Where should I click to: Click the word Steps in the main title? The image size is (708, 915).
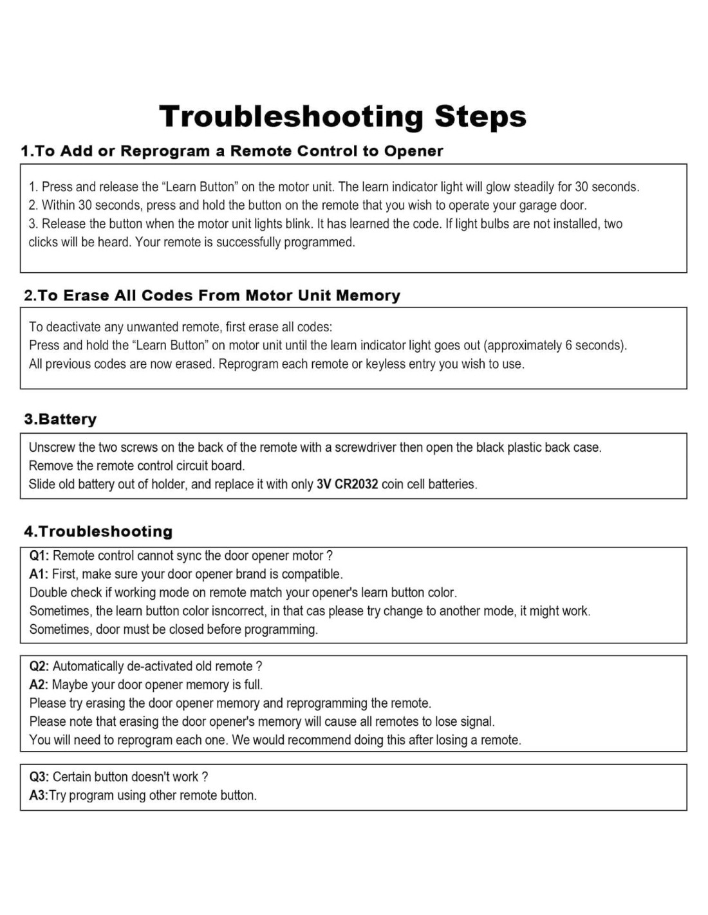point(480,116)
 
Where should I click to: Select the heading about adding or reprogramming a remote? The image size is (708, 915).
point(232,151)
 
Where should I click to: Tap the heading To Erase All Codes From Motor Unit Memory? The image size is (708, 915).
point(212,295)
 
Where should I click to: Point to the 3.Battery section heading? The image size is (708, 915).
point(60,420)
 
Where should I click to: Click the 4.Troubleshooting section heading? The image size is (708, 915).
point(98,531)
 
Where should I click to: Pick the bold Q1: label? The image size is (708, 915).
point(39,556)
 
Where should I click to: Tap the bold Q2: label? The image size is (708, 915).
point(39,667)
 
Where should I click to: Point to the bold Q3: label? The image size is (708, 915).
point(39,777)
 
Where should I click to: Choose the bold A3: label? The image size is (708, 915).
point(38,795)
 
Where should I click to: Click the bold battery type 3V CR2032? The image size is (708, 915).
point(347,485)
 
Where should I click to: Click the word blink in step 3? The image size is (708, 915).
point(298,224)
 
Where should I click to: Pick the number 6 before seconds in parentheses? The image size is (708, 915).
point(568,346)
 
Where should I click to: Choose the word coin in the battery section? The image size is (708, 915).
point(393,485)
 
